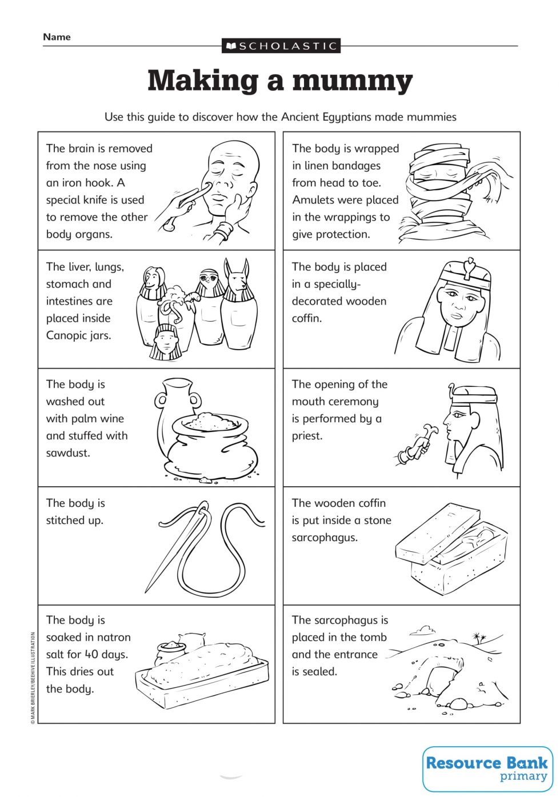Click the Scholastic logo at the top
(281, 46)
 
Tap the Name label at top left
(57, 37)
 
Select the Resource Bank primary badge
(487, 768)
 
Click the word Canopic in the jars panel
(66, 335)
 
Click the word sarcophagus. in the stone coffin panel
(324, 538)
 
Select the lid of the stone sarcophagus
(439, 532)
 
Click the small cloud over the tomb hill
(423, 630)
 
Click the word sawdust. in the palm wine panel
(68, 453)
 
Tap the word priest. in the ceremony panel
(307, 436)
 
